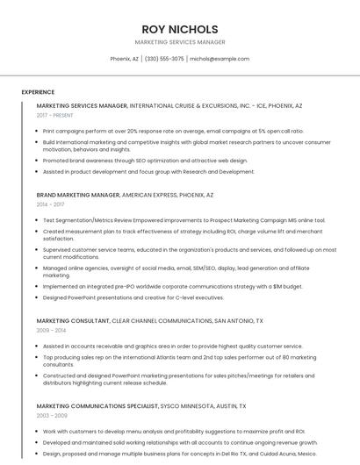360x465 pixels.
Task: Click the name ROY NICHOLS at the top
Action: (179, 28)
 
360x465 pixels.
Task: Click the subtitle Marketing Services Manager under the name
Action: (179, 42)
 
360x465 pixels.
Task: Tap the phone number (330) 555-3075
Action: (164, 59)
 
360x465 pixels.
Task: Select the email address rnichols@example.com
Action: (220, 59)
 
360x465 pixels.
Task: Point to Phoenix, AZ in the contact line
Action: (124, 59)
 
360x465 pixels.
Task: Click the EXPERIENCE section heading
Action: (38, 92)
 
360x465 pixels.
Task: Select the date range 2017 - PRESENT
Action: (55, 115)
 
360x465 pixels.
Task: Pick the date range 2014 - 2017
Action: (50, 204)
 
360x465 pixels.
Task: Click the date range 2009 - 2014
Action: (50, 330)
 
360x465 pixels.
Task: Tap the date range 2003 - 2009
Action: (50, 415)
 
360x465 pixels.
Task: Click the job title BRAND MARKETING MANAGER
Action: (78, 195)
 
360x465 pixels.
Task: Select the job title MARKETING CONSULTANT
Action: (75, 321)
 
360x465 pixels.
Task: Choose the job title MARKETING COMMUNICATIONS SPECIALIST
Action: (97, 406)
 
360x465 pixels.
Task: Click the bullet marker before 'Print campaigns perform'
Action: (38, 130)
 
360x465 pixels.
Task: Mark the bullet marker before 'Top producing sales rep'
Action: (38, 357)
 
